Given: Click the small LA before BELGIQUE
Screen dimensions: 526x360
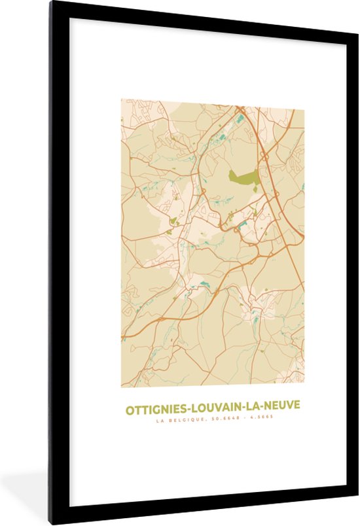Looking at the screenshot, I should (159, 421).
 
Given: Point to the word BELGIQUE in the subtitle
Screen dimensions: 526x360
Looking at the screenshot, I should (183, 421).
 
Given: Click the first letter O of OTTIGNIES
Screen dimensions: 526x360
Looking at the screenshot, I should (130, 408).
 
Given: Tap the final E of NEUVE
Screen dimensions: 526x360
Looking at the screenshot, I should (297, 408).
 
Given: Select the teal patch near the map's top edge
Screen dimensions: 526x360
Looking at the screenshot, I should (240, 118).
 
